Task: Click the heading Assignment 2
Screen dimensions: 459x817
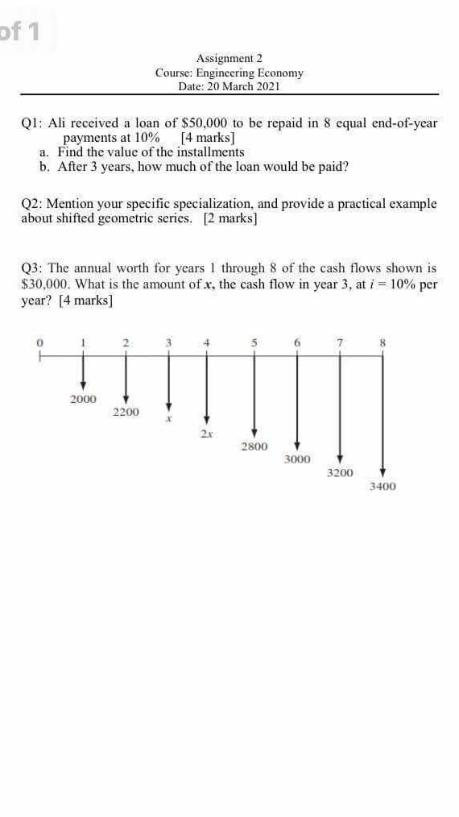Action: pos(229,58)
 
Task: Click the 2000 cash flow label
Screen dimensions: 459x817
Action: pos(82,399)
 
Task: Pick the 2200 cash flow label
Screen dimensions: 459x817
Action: pos(126,412)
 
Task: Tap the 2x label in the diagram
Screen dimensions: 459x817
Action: pos(206,433)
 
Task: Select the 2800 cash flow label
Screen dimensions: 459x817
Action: pos(254,446)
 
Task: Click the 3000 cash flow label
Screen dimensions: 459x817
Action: pos(297,459)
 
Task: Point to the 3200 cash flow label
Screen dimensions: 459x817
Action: pos(340,473)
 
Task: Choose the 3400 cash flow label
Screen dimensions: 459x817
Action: pos(382,486)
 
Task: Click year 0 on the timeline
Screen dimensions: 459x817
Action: pos(38,342)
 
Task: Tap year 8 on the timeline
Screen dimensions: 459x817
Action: pos(383,342)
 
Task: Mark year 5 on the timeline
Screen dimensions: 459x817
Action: pos(254,342)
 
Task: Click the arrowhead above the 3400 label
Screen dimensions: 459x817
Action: pos(383,472)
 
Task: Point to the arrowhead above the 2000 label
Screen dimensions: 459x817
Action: pos(82,386)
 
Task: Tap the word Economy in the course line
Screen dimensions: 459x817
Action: pos(281,73)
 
